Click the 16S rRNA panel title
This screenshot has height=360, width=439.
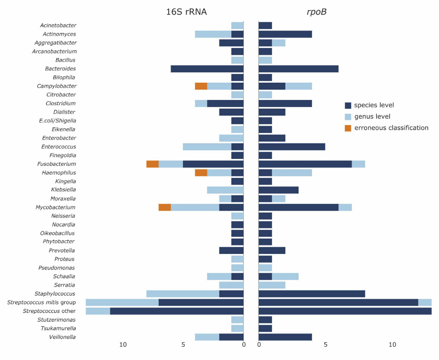click(x=186, y=12)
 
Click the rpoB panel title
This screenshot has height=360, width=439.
click(x=316, y=12)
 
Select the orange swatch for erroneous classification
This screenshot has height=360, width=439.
click(x=348, y=128)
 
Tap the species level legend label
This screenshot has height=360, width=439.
click(x=374, y=105)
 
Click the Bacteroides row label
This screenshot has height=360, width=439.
click(x=60, y=69)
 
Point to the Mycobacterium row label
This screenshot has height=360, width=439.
click(x=56, y=207)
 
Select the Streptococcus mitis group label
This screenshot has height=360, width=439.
click(x=42, y=302)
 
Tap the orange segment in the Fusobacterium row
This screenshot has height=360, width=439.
click(x=152, y=164)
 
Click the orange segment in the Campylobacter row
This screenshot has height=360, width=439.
click(x=201, y=86)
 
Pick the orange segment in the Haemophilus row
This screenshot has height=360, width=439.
click(x=201, y=173)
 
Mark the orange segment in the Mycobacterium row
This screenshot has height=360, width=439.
click(x=165, y=207)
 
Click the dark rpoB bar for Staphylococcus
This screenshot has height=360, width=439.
click(x=311, y=294)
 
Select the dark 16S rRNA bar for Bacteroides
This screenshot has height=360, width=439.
click(x=207, y=69)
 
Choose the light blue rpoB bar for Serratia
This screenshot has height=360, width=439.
click(x=272, y=285)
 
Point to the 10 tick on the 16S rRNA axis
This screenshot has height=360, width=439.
click(x=123, y=344)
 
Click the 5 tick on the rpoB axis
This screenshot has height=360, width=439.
click(x=326, y=344)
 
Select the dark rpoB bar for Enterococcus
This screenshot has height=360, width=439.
click(x=292, y=147)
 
